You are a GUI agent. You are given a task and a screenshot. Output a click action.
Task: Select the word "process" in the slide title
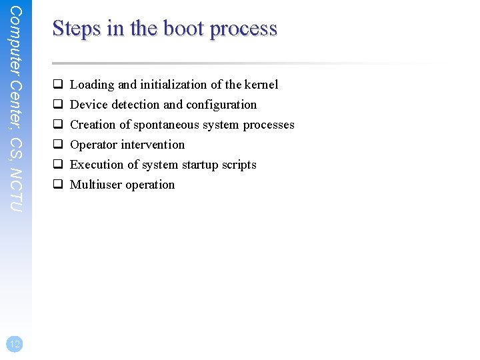pyautogui.click(x=243, y=29)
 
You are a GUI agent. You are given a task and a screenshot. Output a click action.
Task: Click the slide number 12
pyautogui.click(x=15, y=343)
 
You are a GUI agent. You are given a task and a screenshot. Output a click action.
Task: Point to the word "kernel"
pyautogui.click(x=261, y=85)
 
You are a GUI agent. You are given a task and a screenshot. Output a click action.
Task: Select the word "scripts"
pyautogui.click(x=239, y=165)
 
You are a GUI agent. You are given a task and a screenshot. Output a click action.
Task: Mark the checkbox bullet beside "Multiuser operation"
pyautogui.click(x=58, y=185)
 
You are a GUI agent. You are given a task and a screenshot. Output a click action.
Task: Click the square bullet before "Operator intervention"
pyautogui.click(x=58, y=145)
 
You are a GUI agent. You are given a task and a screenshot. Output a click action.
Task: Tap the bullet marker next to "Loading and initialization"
pyautogui.click(x=58, y=85)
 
